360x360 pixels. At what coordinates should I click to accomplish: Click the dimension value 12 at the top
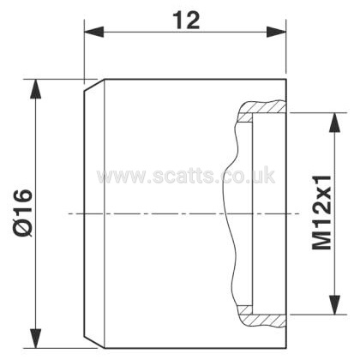click(188, 21)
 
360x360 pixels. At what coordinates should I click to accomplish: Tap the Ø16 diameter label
click(23, 213)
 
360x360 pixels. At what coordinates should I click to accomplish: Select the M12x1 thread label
click(321, 213)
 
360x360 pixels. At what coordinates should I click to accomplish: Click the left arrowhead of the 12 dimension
click(93, 32)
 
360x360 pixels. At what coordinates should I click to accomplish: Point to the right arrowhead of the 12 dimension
click(276, 32)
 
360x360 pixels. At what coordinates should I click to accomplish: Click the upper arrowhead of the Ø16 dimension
click(35, 89)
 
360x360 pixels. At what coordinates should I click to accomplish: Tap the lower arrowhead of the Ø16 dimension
click(35, 339)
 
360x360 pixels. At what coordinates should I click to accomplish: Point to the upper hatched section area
click(261, 110)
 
